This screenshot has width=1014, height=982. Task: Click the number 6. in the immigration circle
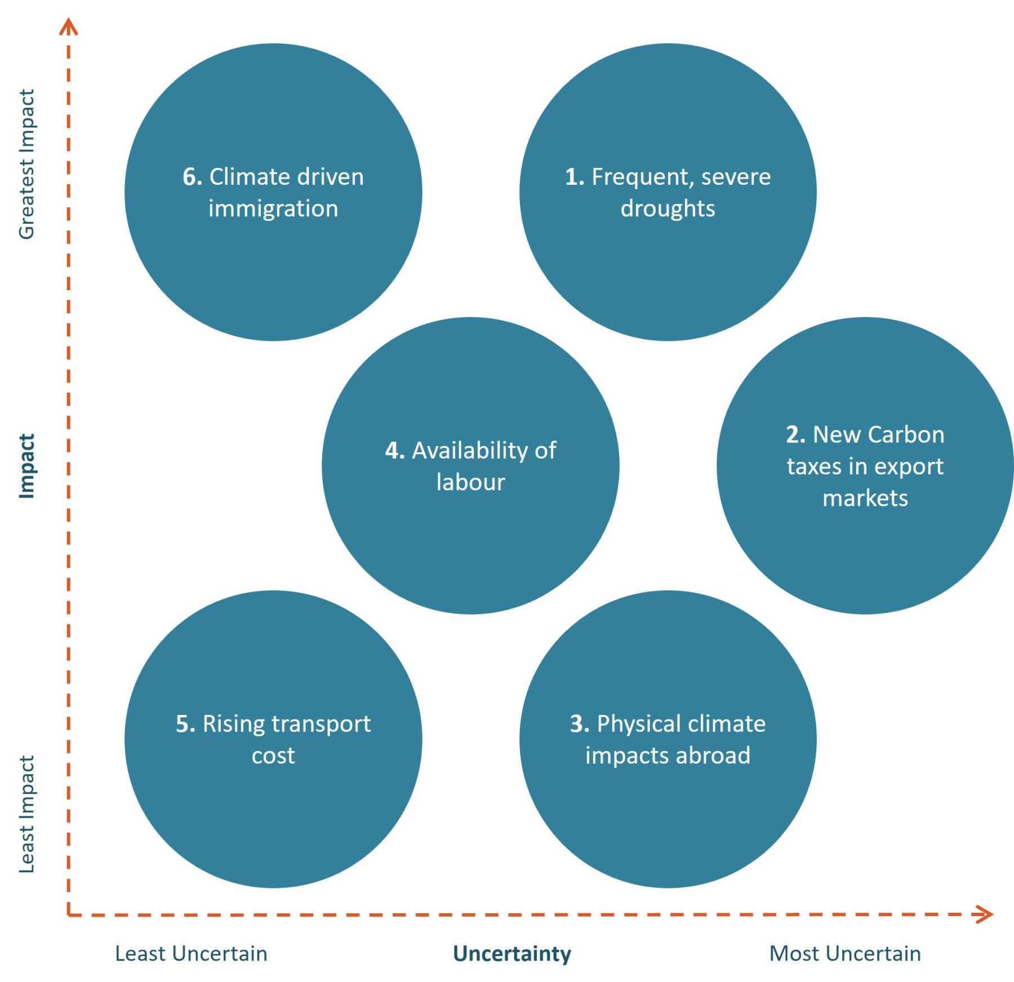pos(192,177)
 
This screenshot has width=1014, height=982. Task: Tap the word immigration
pos(273,209)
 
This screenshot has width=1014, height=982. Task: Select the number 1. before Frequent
pos(574,177)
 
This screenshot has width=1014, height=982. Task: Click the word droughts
pos(668,209)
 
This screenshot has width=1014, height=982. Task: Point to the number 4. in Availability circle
pos(394,451)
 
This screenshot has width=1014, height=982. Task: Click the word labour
pos(470,483)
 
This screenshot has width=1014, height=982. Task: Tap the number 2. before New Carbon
pos(795,435)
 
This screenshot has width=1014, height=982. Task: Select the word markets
pos(865,499)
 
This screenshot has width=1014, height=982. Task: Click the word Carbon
pos(906,435)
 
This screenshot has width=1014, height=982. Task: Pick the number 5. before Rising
pos(185,724)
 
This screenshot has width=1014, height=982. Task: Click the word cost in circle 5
pos(273,756)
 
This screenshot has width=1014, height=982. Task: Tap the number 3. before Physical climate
pos(580,724)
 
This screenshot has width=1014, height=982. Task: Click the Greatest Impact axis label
pos(26,164)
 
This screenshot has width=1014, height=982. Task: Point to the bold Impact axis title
pos(26,466)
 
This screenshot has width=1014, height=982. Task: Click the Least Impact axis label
pos(26,814)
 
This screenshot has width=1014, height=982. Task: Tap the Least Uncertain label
pos(191,954)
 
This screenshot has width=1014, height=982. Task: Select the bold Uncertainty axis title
pos(512,954)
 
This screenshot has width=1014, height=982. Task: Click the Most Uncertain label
pos(845,954)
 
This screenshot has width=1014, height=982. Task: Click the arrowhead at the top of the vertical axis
pos(69,26)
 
